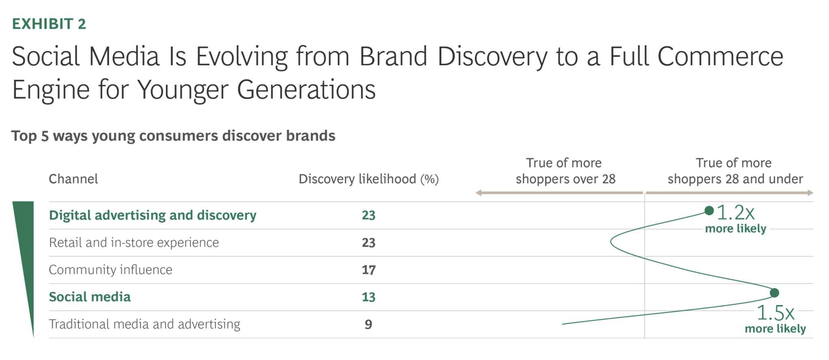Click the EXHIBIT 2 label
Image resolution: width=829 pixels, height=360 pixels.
pyautogui.click(x=49, y=24)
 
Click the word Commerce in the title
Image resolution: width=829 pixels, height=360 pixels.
pyautogui.click(x=720, y=56)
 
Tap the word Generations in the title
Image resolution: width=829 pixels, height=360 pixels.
pyautogui.click(x=306, y=90)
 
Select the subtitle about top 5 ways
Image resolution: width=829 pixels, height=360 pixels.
pyautogui.click(x=173, y=136)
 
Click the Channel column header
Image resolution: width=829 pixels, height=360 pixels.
pyautogui.click(x=73, y=179)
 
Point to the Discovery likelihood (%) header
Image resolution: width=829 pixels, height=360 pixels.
pyautogui.click(x=369, y=179)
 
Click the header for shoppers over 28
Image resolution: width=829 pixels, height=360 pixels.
pyautogui.click(x=565, y=171)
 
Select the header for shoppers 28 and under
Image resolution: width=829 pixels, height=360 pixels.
pyautogui.click(x=735, y=171)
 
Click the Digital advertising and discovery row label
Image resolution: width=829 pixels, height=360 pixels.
pyautogui.click(x=152, y=215)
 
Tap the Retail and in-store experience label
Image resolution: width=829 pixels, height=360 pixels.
pyautogui.click(x=134, y=242)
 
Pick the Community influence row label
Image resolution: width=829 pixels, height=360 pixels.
pyautogui.click(x=111, y=270)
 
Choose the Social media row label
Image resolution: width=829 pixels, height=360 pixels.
pyautogui.click(x=90, y=297)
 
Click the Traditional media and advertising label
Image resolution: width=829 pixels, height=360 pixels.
pyautogui.click(x=144, y=324)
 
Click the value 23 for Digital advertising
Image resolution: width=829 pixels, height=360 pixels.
pyautogui.click(x=369, y=215)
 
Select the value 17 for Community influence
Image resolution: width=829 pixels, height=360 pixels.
pyautogui.click(x=369, y=270)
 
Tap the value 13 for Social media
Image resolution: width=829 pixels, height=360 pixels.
pyautogui.click(x=369, y=297)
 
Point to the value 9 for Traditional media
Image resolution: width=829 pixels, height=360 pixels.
pyautogui.click(x=368, y=324)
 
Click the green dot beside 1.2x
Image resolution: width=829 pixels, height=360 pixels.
pyautogui.click(x=709, y=210)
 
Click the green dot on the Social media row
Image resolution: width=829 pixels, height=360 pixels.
pyautogui.click(x=774, y=293)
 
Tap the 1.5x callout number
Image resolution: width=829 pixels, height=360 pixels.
pyautogui.click(x=775, y=313)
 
